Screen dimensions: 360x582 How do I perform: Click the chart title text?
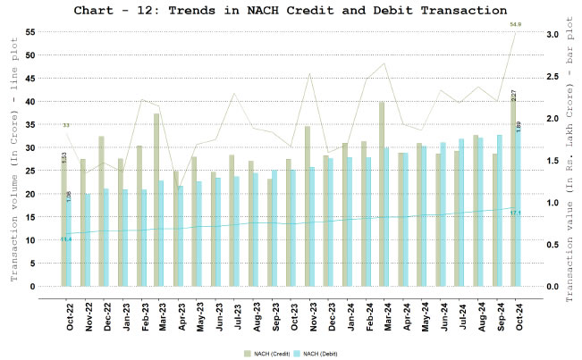290,11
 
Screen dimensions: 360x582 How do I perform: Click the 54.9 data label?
516,24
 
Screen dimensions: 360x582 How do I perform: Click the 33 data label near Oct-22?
65,126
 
